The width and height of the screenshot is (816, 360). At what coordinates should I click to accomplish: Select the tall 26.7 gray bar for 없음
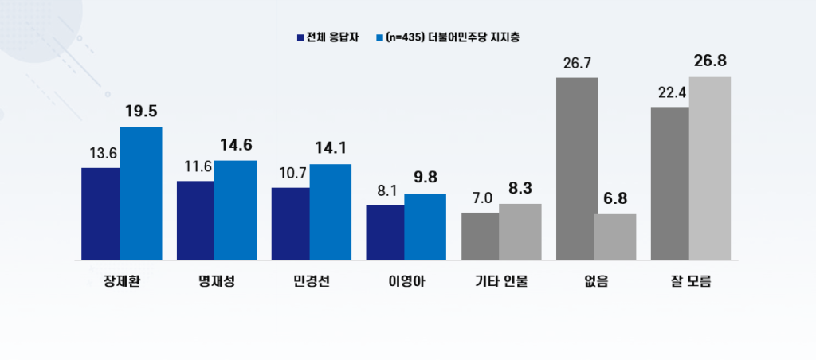576,168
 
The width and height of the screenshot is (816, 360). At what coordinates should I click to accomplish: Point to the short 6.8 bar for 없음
615,237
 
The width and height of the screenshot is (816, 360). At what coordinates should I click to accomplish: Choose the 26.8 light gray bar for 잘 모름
710,168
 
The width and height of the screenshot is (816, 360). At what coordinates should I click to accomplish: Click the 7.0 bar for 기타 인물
481,236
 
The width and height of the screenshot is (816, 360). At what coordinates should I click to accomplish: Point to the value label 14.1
330,149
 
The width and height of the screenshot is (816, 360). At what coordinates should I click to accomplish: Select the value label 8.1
386,191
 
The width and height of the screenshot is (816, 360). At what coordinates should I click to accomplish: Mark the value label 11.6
195,167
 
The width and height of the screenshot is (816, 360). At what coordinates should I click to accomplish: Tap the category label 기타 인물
501,281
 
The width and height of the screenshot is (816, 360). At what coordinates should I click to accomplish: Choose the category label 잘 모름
691,281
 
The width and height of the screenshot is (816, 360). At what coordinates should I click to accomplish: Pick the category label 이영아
406,281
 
